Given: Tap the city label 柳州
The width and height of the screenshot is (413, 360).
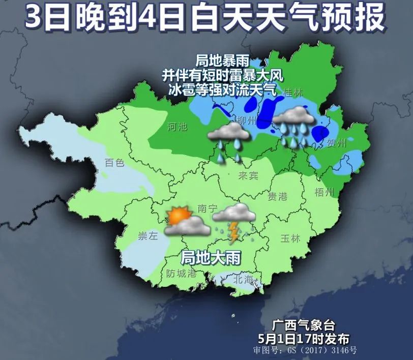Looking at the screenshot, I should (249, 121).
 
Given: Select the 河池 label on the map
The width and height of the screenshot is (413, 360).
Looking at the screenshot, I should (178, 127).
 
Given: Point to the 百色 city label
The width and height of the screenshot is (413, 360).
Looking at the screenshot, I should (114, 163).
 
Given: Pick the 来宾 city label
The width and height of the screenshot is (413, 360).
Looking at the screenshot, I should (248, 175).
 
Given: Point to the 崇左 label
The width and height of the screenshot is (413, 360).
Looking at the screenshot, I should (149, 236).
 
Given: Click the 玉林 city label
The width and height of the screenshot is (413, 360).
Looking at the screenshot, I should (290, 238).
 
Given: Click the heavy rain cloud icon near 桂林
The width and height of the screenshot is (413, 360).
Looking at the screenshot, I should (293, 122).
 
